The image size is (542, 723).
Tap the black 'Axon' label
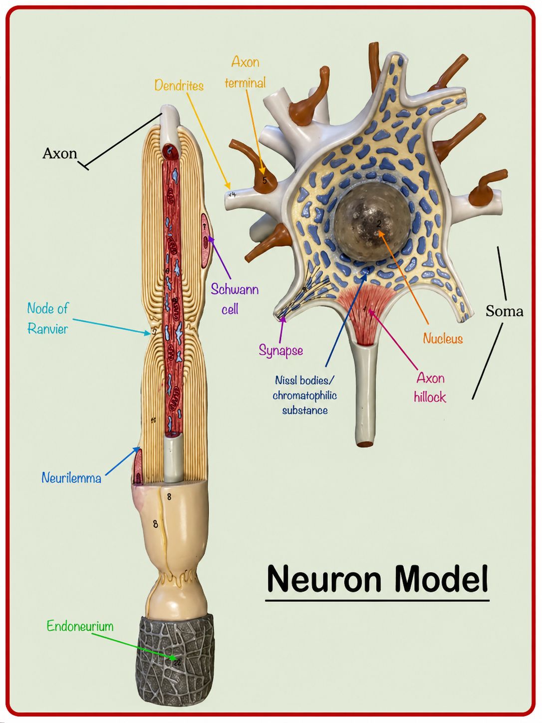coord(59,153)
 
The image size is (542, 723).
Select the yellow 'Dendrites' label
coord(179,86)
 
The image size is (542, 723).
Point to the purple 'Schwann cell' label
coord(234,299)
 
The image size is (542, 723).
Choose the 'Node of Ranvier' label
coord(48,319)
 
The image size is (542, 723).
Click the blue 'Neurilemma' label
coord(71,478)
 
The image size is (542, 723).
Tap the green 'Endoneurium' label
coord(80,626)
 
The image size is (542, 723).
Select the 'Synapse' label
coord(280,351)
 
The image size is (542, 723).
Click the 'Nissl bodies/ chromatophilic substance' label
coord(305,395)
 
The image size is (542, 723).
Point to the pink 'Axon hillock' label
coord(430,387)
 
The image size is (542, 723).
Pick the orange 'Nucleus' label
coord(443,338)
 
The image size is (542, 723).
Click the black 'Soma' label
coord(504,311)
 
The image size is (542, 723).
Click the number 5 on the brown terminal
coord(265,180)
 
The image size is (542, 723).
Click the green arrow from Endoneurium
coord(134,647)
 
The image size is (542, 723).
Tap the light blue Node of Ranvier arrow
coord(111,327)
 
